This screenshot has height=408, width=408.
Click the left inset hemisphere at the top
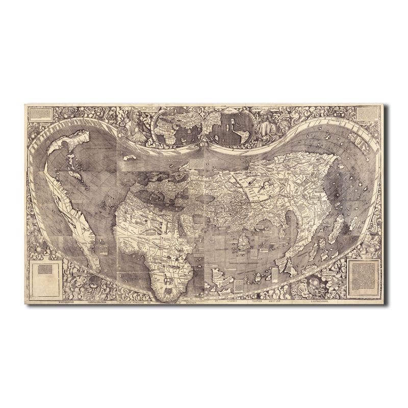pos(173,125)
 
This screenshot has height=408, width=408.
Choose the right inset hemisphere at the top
pos(235,125)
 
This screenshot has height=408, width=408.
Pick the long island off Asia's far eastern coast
pos(339,224)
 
